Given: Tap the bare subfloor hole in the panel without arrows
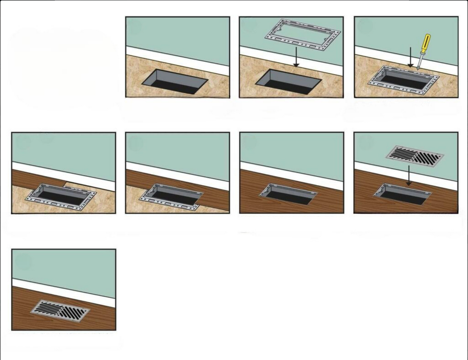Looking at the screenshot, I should click(175, 82).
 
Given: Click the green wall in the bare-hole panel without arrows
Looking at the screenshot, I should click(178, 32).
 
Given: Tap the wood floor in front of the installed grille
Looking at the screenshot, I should click(92, 323).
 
